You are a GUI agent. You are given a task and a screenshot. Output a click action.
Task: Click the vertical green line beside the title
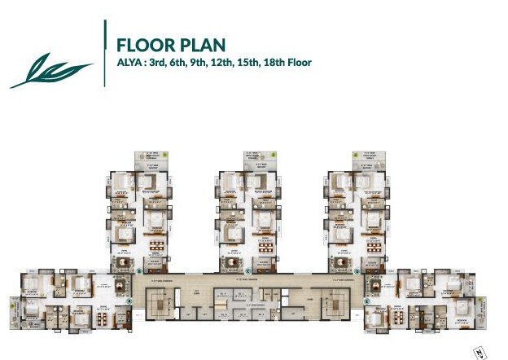106,53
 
